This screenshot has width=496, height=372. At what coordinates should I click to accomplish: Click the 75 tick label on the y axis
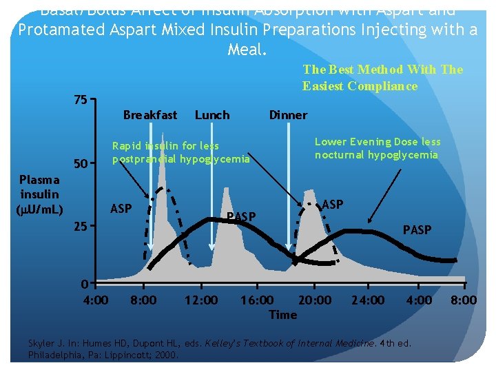80,100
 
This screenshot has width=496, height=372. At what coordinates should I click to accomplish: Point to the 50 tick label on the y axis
80,165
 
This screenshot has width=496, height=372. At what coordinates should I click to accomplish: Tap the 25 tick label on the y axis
80,226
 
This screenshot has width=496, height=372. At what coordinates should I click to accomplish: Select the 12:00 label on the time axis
201,300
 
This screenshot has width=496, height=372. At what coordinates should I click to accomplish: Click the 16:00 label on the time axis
256,300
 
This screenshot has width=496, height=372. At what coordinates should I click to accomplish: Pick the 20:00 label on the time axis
314,300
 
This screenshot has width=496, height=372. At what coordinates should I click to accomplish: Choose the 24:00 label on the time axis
368,300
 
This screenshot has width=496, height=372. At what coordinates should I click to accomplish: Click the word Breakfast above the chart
149,115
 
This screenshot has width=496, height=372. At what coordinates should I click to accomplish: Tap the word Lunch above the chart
212,115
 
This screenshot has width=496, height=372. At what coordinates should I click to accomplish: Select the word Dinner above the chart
288,115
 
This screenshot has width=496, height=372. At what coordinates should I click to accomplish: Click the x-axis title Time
282,315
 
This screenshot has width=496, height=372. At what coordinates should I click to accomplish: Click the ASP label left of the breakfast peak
121,209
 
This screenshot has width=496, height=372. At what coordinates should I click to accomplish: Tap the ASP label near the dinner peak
333,204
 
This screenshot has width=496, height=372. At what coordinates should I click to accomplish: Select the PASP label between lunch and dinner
241,218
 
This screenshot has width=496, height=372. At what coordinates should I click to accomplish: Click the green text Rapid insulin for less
165,145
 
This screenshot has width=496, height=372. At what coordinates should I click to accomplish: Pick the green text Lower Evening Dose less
378,141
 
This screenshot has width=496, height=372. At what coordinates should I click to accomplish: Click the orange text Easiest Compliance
360,86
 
